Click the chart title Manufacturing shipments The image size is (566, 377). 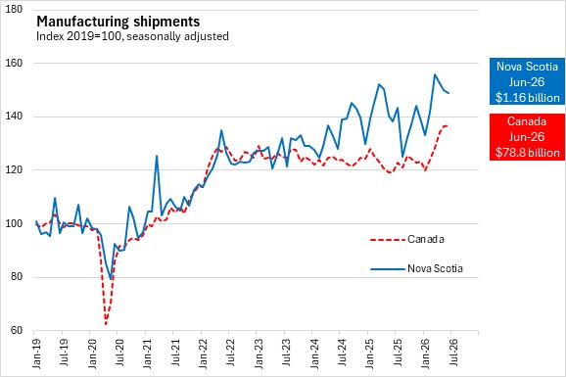(118, 22)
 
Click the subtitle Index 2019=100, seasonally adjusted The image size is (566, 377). (132, 36)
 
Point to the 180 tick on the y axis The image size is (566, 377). (15, 9)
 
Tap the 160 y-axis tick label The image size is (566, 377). (15, 63)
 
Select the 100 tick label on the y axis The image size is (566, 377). (15, 223)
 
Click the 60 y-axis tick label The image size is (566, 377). (17, 330)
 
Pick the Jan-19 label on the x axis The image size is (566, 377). (37, 353)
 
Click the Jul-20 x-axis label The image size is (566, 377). (120, 353)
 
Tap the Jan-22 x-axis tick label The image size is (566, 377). (204, 353)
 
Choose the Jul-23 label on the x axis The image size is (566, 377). (287, 353)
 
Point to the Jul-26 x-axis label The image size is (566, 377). (453, 353)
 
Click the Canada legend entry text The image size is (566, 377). (426, 239)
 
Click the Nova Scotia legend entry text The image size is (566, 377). (435, 268)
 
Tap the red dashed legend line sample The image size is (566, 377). (388, 239)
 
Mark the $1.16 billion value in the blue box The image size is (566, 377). (528, 98)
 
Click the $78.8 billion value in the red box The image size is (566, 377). (528, 153)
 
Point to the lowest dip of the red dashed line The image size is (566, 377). (106, 324)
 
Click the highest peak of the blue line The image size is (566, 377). (435, 74)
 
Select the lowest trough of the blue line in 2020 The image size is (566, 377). (111, 279)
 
